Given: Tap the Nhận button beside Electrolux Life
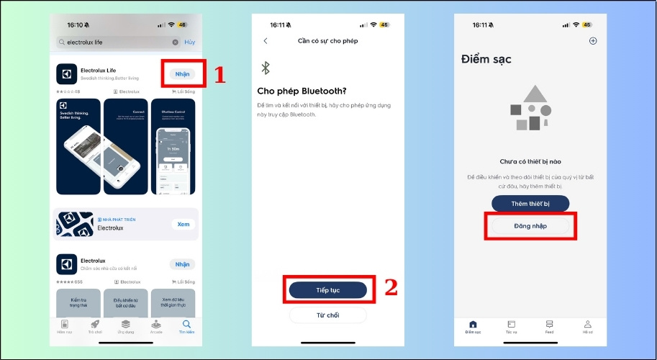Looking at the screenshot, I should (x=182, y=74).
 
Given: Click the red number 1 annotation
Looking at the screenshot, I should (x=220, y=74).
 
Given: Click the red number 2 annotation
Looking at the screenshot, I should (x=391, y=288).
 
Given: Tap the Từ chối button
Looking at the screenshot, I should (x=327, y=315).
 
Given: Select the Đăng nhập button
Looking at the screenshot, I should (x=530, y=226).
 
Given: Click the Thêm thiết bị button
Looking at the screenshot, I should (x=530, y=204).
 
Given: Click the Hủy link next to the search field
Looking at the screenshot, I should (x=189, y=42).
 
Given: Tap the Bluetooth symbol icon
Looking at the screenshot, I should (x=265, y=68).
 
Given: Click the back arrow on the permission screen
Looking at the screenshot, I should (x=266, y=41).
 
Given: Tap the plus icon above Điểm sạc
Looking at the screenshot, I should (x=593, y=41).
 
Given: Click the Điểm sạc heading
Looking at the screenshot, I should (x=486, y=59).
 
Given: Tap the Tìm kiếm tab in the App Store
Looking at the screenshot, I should (x=187, y=326).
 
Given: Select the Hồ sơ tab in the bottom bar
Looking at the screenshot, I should (x=587, y=326).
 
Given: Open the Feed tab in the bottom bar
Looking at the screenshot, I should (x=550, y=326).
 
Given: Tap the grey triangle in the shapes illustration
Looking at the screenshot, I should (x=534, y=94).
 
